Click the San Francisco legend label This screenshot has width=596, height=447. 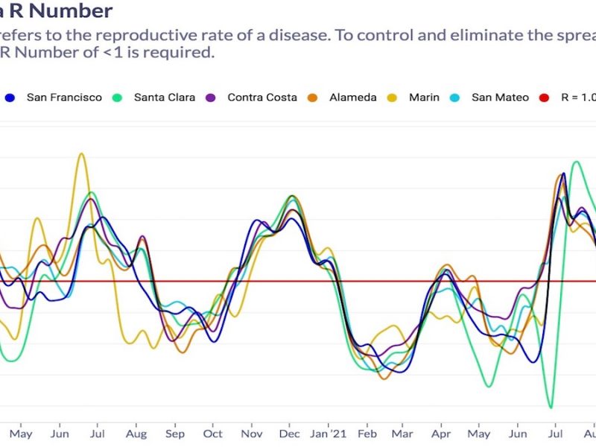click(x=64, y=98)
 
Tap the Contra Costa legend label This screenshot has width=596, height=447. click(x=262, y=98)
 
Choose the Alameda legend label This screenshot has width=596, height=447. click(x=352, y=98)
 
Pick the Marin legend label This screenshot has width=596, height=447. click(x=425, y=98)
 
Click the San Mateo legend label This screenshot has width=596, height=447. click(x=501, y=98)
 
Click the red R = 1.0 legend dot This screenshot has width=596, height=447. click(x=545, y=98)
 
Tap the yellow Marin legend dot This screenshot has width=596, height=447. click(x=394, y=98)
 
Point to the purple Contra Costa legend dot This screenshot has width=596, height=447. click(x=211, y=98)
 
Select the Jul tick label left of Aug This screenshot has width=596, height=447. click(x=98, y=434)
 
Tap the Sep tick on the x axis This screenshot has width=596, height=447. click(x=175, y=434)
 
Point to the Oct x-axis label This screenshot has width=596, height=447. click(x=213, y=434)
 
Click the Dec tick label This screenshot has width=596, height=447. click(x=289, y=434)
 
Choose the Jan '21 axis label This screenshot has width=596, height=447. click(x=326, y=434)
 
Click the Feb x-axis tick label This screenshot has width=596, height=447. click(x=366, y=434)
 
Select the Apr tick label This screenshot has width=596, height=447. click(x=441, y=434)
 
